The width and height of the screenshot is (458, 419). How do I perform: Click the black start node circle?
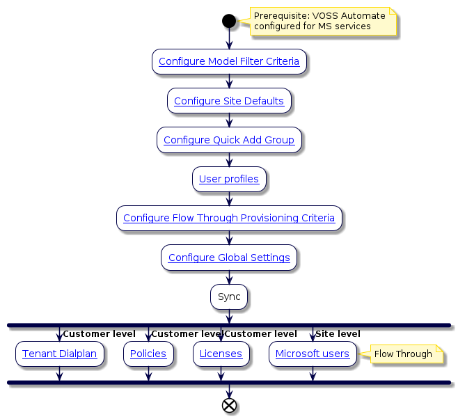229,21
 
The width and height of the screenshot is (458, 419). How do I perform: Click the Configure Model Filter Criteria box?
229,61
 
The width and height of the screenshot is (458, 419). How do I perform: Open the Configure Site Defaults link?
229,101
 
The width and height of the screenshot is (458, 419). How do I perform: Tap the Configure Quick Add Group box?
229,140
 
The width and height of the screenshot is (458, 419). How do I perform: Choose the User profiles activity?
229,179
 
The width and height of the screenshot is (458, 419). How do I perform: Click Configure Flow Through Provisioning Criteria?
229,218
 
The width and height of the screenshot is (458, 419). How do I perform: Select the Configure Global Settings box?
229,258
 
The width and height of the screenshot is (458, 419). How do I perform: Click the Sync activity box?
229,297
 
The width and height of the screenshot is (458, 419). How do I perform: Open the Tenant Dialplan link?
59,354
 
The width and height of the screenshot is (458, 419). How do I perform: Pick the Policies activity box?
148,354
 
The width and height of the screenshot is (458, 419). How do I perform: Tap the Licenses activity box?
221,354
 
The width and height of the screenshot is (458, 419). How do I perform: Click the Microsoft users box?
313,354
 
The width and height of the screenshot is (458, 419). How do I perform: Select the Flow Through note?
403,354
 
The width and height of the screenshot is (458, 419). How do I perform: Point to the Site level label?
338,334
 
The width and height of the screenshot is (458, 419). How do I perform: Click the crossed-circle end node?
229,406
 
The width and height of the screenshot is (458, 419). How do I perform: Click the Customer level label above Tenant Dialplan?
99,334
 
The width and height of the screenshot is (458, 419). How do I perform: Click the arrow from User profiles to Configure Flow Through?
229,198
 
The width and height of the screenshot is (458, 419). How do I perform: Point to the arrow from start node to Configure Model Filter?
229,39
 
